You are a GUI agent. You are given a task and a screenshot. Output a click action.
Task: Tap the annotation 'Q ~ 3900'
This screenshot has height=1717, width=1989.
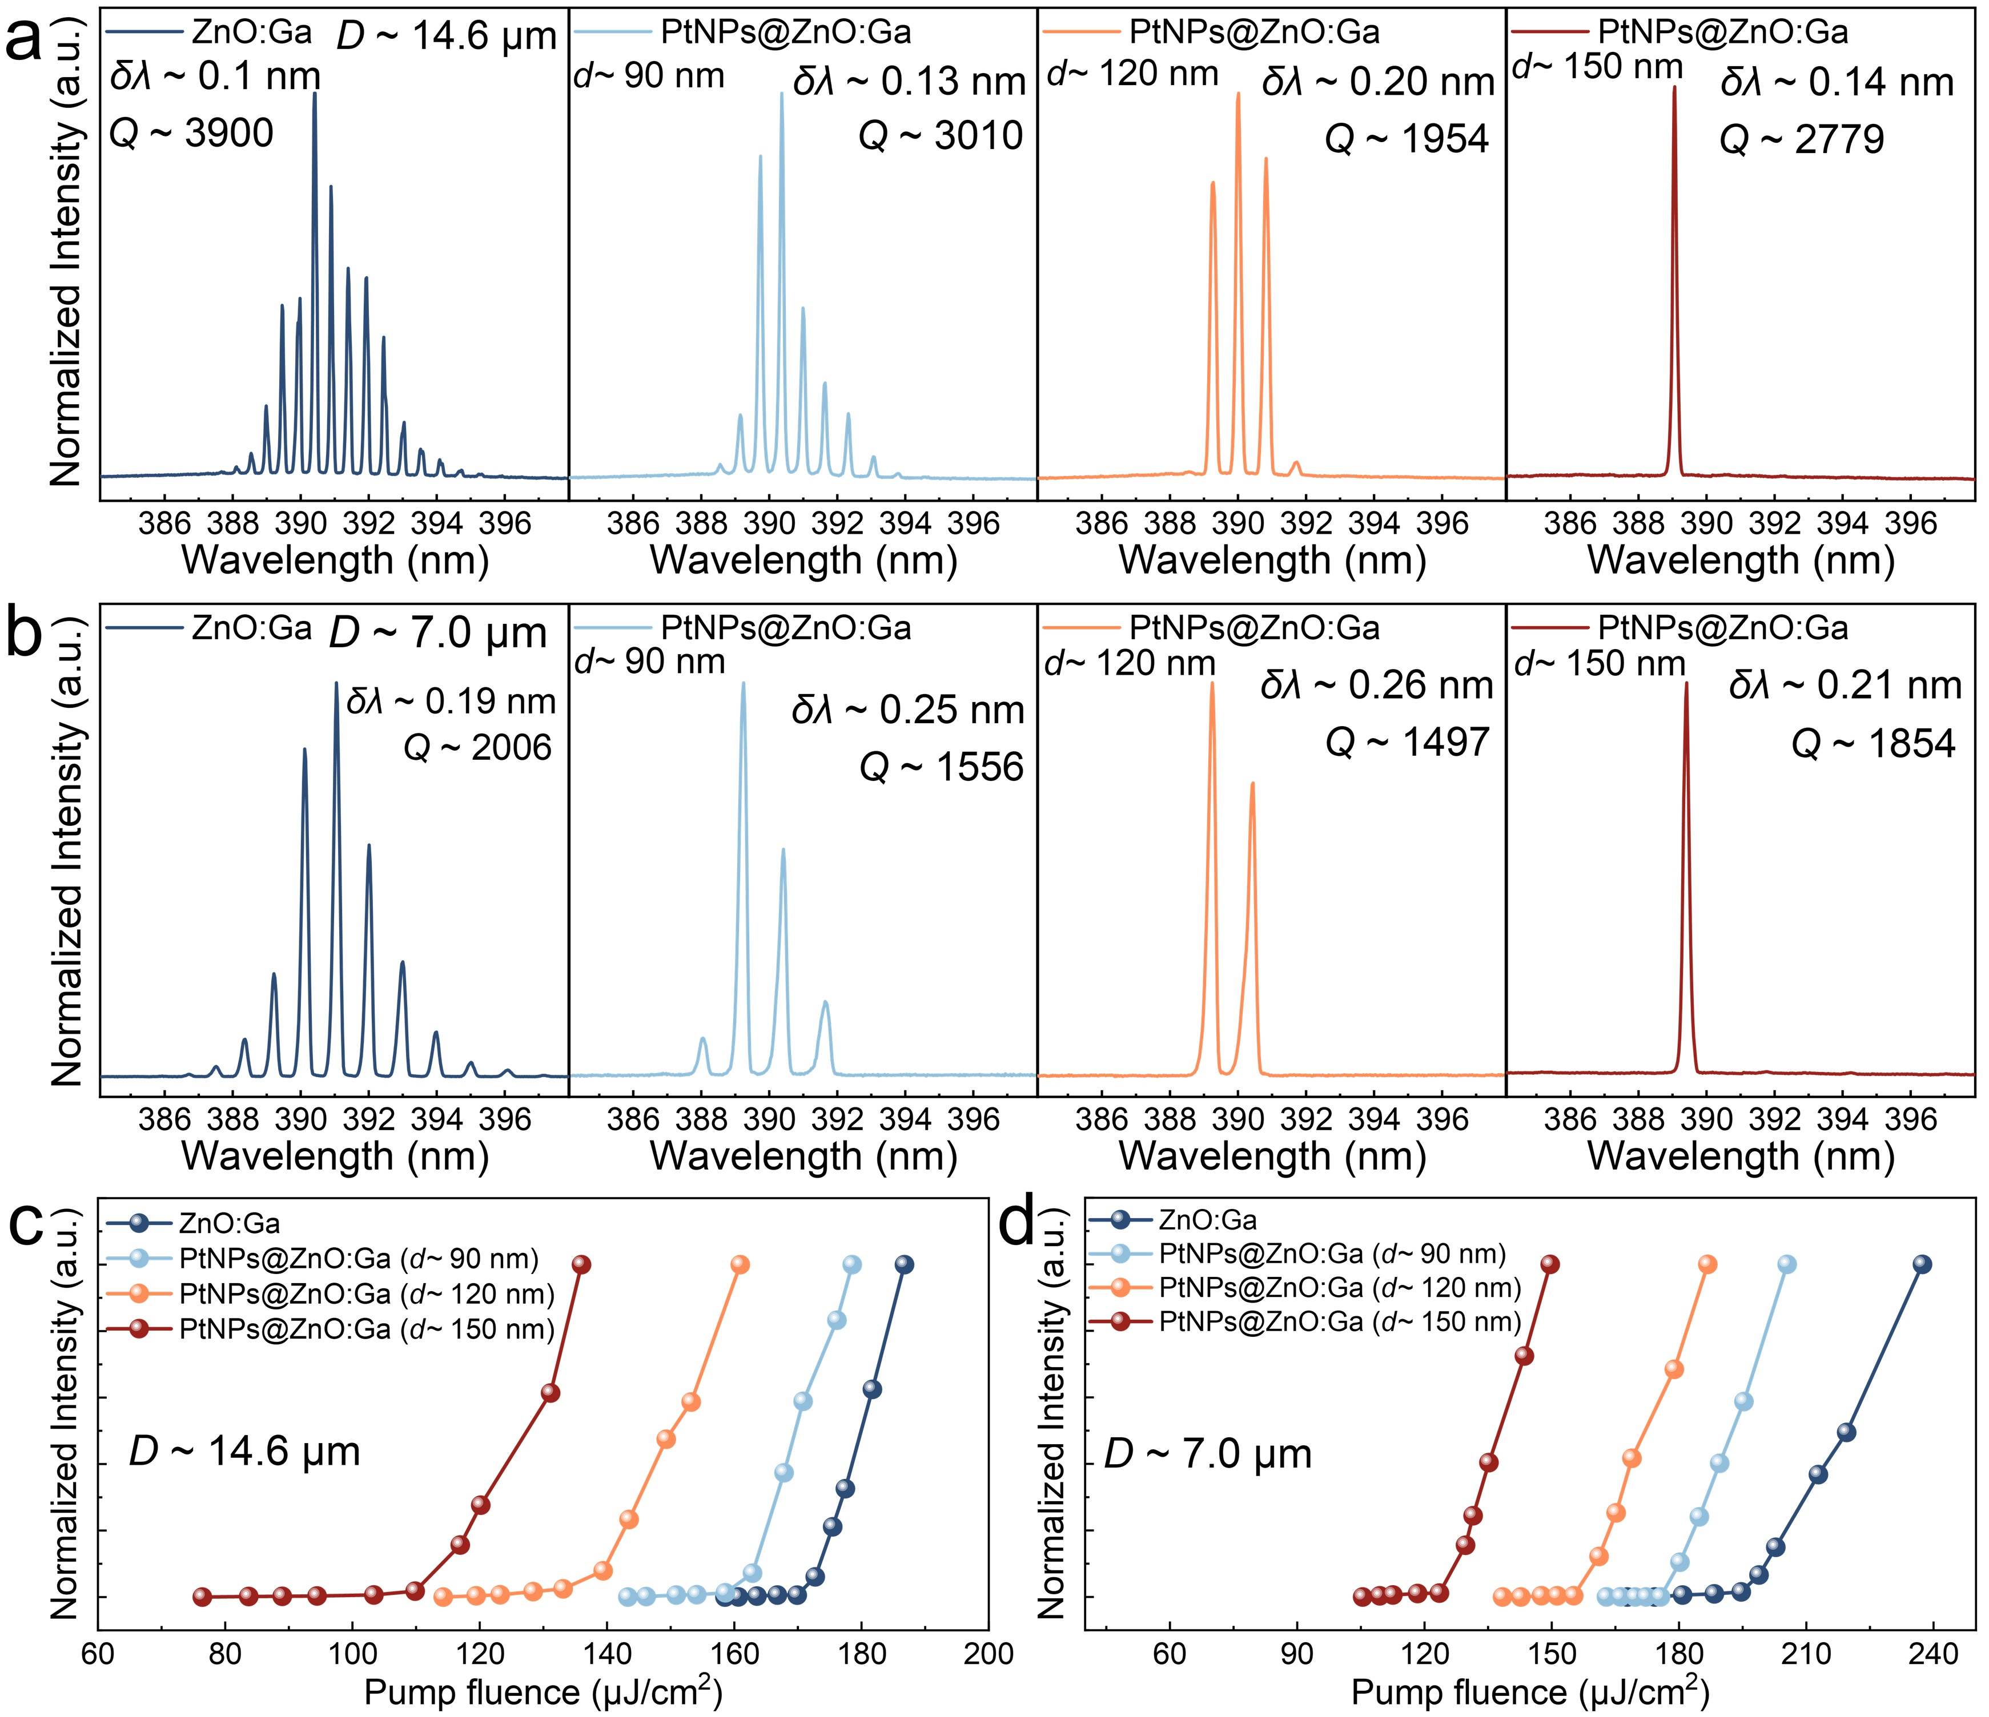192,134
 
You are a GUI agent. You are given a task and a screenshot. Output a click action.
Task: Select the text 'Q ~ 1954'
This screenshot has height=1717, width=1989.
1407,139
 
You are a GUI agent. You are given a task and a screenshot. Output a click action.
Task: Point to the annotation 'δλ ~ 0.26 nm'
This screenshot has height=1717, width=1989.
1377,684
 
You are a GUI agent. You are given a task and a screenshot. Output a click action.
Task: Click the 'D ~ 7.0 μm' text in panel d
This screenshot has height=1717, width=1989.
1208,1454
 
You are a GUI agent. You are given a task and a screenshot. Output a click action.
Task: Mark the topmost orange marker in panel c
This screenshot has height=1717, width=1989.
739,1265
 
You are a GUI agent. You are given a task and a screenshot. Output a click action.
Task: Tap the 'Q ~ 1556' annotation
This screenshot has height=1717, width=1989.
941,767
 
